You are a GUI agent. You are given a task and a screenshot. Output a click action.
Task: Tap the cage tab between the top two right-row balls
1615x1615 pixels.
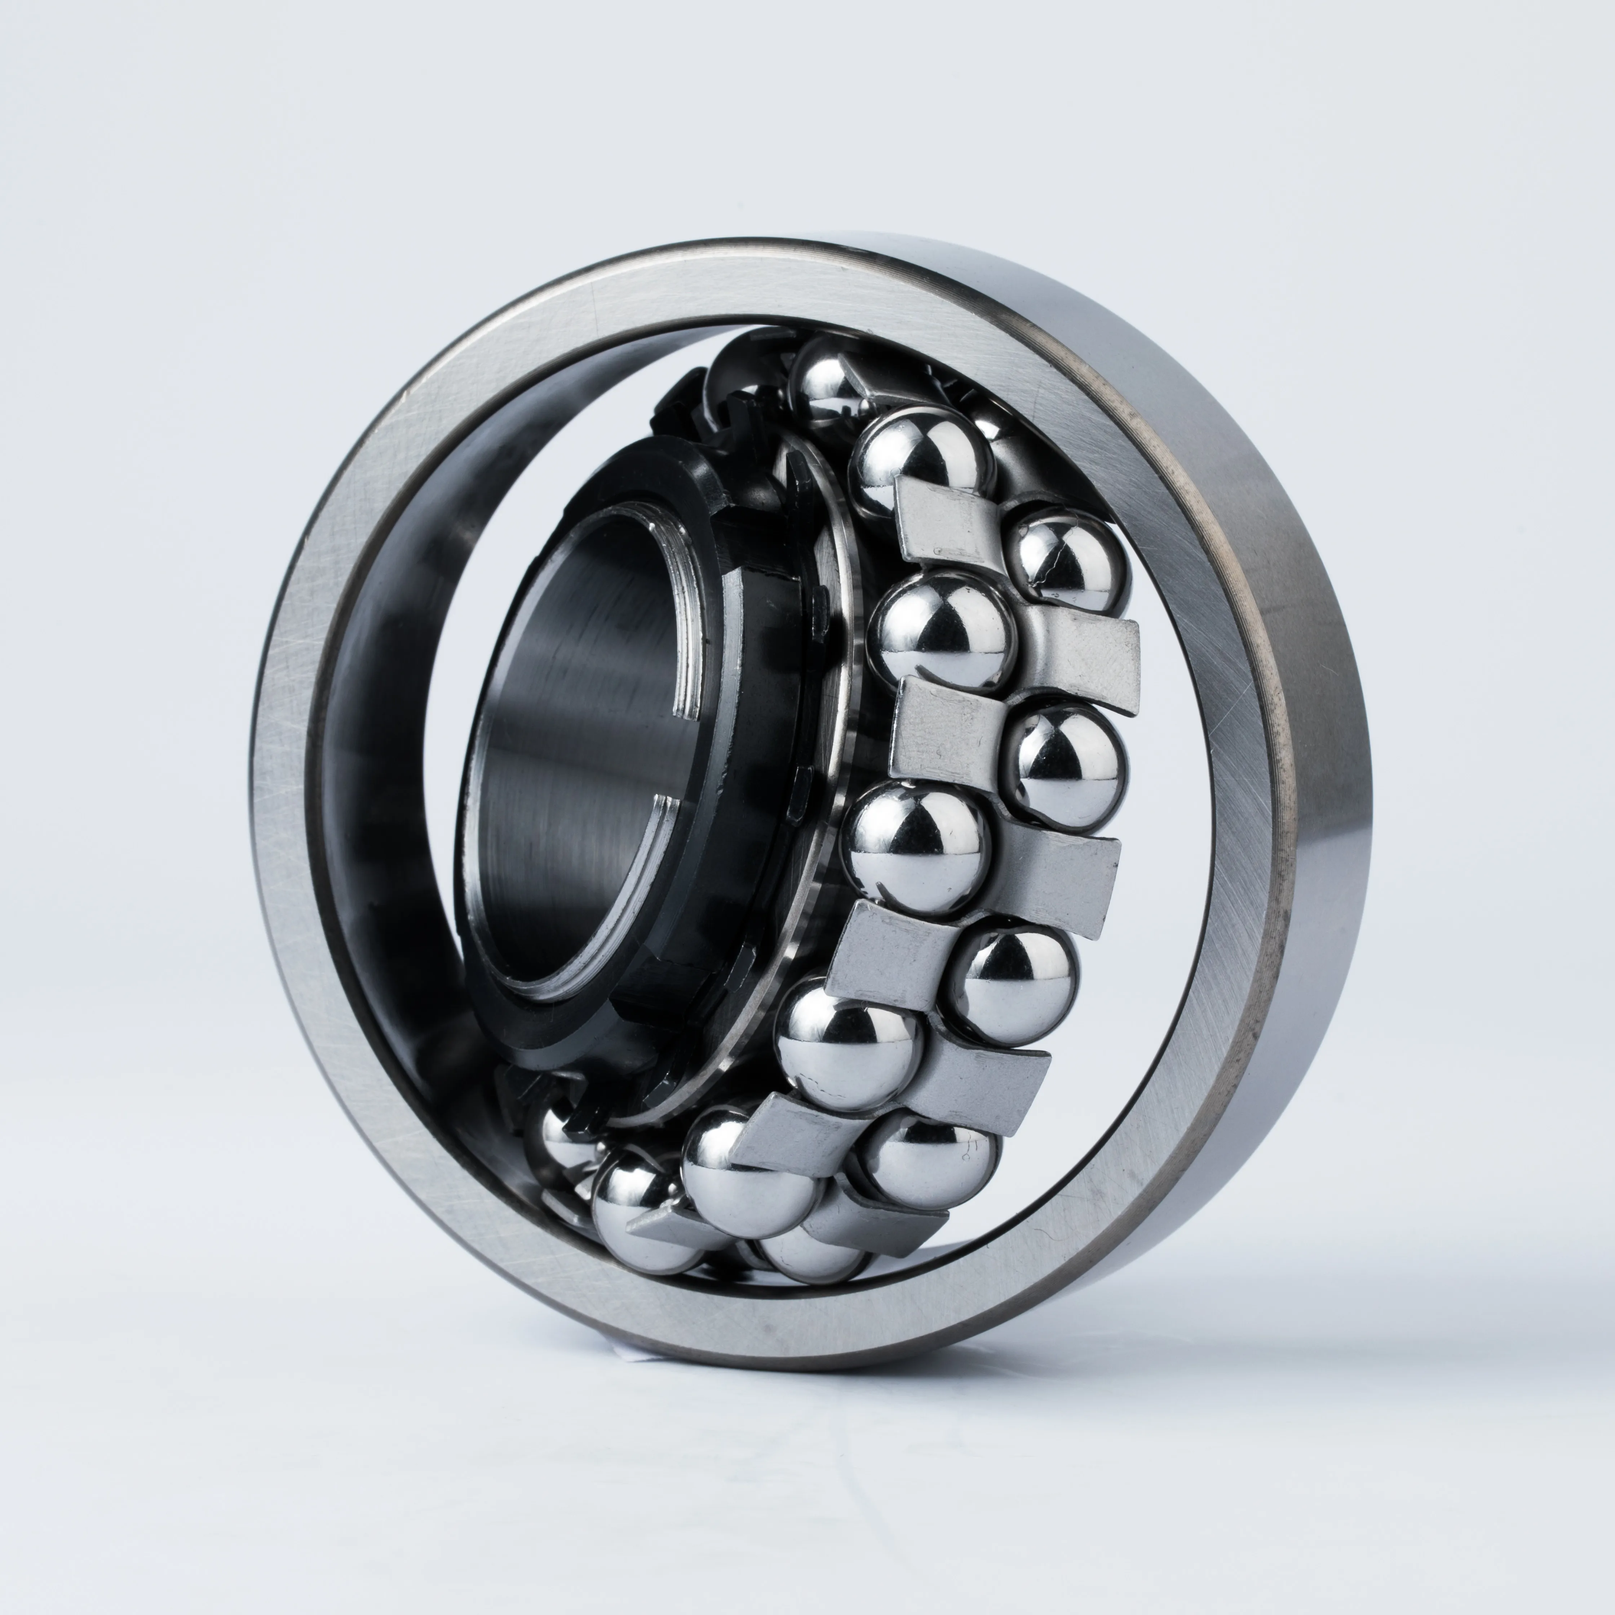click(1078, 652)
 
